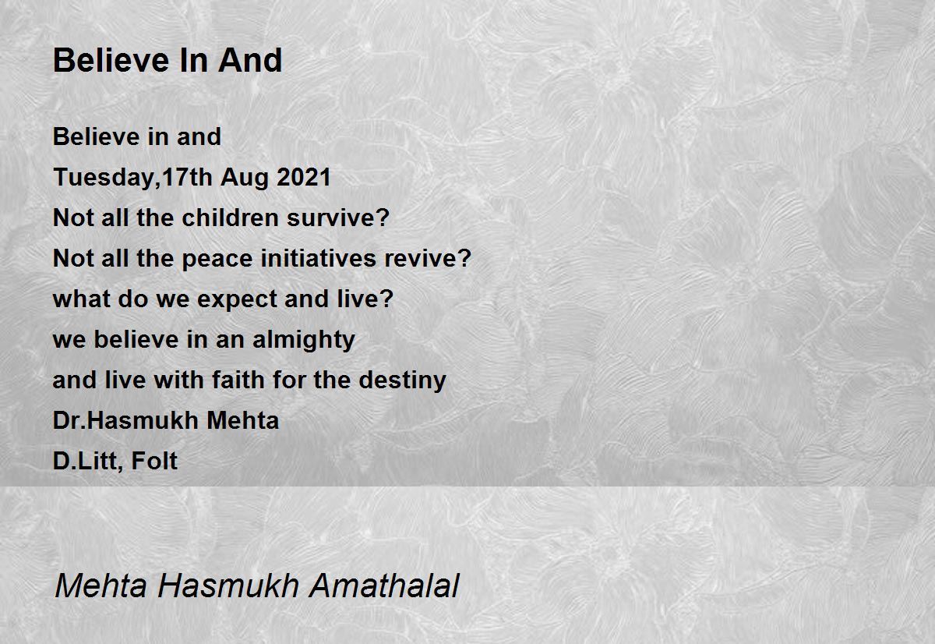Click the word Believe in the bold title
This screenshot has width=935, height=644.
111,60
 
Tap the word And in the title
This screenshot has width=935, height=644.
250,60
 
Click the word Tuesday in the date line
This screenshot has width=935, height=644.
104,178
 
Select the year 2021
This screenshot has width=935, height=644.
303,177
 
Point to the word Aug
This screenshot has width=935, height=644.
245,179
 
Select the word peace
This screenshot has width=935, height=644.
217,259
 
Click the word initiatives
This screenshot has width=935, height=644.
318,258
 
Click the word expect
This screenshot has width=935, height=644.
237,300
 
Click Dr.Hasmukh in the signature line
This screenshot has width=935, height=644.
125,420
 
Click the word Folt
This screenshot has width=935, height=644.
154,461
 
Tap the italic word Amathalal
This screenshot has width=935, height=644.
384,586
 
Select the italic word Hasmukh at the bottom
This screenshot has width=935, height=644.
228,586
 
